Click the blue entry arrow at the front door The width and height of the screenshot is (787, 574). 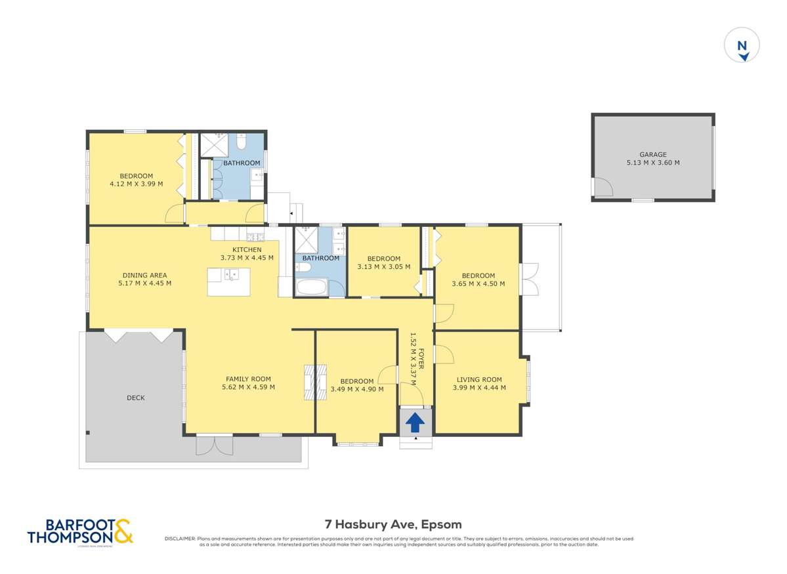(x=415, y=422)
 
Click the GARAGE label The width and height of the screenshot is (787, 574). (x=652, y=155)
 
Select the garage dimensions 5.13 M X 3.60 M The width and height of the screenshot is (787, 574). (x=652, y=163)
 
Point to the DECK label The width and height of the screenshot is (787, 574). (x=136, y=398)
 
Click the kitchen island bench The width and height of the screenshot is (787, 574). (x=228, y=281)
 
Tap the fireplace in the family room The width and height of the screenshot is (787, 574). (x=316, y=382)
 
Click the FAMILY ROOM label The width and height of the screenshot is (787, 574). (x=248, y=379)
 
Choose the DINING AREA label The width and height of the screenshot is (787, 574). (x=144, y=276)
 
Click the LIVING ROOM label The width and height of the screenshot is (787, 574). (x=479, y=379)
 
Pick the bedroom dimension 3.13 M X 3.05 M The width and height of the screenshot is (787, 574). (x=383, y=267)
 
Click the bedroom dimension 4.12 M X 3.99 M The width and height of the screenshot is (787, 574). (x=136, y=184)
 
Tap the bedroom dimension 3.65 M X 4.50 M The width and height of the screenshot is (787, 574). (x=478, y=284)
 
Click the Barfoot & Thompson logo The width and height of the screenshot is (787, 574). (x=80, y=531)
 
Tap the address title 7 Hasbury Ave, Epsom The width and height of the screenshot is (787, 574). (x=393, y=524)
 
